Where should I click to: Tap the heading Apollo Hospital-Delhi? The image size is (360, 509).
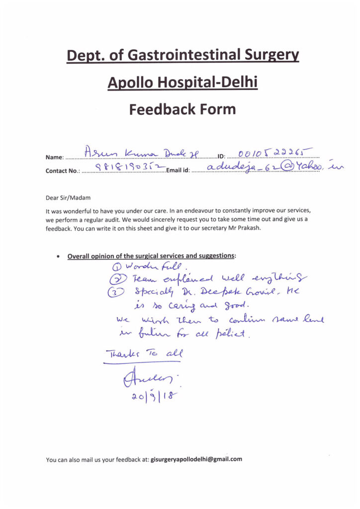182,82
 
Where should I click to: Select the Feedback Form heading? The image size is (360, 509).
182,109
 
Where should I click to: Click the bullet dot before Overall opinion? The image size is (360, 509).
59,256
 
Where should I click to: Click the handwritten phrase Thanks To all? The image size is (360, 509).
144,354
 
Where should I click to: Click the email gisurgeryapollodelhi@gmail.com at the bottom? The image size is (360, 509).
196,459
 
